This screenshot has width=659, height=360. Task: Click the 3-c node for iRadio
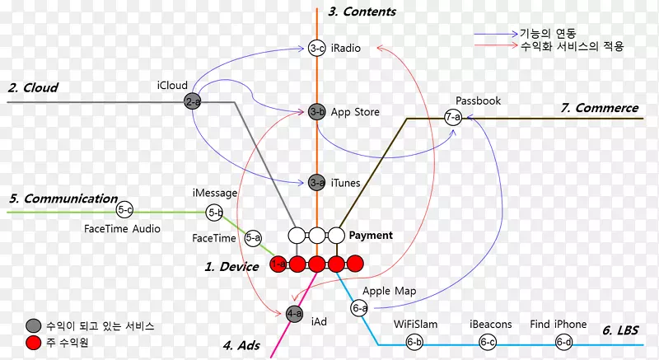click(317, 49)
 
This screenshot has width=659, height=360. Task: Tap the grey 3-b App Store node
click(317, 112)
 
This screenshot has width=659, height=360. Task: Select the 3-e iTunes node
click(317, 183)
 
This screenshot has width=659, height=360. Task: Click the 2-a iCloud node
click(193, 102)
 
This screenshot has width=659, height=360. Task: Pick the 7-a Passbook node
click(453, 118)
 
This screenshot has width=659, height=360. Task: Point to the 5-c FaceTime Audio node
click(125, 210)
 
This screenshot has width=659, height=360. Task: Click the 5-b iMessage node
click(215, 213)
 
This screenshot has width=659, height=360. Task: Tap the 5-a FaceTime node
click(253, 238)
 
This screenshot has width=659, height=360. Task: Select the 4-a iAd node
click(294, 314)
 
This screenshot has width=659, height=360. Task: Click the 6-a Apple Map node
click(360, 308)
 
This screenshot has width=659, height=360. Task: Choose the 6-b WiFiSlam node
click(414, 342)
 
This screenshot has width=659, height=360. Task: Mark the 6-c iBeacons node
click(488, 342)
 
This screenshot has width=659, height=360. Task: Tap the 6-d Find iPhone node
click(564, 342)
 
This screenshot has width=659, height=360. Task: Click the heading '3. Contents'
click(362, 12)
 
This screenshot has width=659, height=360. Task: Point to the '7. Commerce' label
click(600, 108)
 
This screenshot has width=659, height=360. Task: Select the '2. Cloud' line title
click(33, 87)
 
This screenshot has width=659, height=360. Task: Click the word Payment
click(371, 236)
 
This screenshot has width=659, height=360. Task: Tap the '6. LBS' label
click(620, 330)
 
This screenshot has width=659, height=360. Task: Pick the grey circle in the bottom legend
click(33, 325)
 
